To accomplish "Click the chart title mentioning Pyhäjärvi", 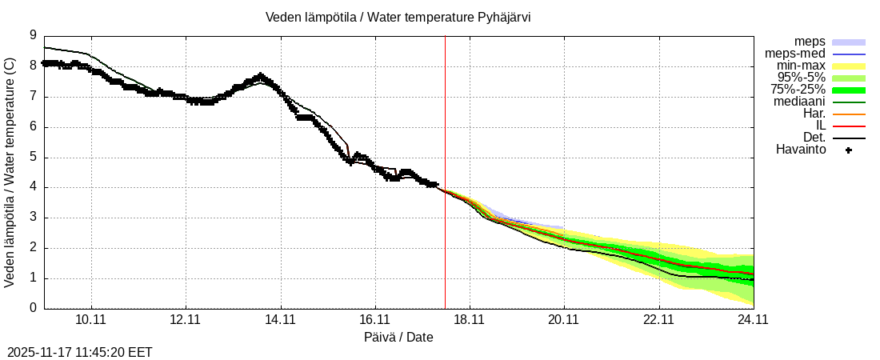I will pyautogui.click(x=398, y=18).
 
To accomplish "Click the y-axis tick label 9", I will pyautogui.click(x=33, y=35).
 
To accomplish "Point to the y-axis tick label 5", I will pyautogui.click(x=33, y=157).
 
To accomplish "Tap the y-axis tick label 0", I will pyautogui.click(x=33, y=308).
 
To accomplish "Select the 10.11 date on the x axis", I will pyautogui.click(x=91, y=320).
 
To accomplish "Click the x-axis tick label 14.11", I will pyautogui.click(x=280, y=320).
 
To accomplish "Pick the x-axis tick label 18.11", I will pyautogui.click(x=469, y=320).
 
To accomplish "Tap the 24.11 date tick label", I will pyautogui.click(x=753, y=320).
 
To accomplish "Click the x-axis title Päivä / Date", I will pyautogui.click(x=398, y=337).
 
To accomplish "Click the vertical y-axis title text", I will pyautogui.click(x=10, y=172).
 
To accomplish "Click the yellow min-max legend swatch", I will pyautogui.click(x=849, y=66).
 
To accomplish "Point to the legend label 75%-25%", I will pyautogui.click(x=798, y=90).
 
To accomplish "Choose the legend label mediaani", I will pyautogui.click(x=799, y=102).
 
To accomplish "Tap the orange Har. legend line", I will pyautogui.click(x=849, y=114).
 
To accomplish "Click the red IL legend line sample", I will pyautogui.click(x=849, y=126).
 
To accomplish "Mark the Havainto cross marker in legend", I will pyautogui.click(x=849, y=150).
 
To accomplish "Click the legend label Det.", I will pyautogui.click(x=814, y=138).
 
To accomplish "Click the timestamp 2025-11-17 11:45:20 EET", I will pyautogui.click(x=80, y=352).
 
